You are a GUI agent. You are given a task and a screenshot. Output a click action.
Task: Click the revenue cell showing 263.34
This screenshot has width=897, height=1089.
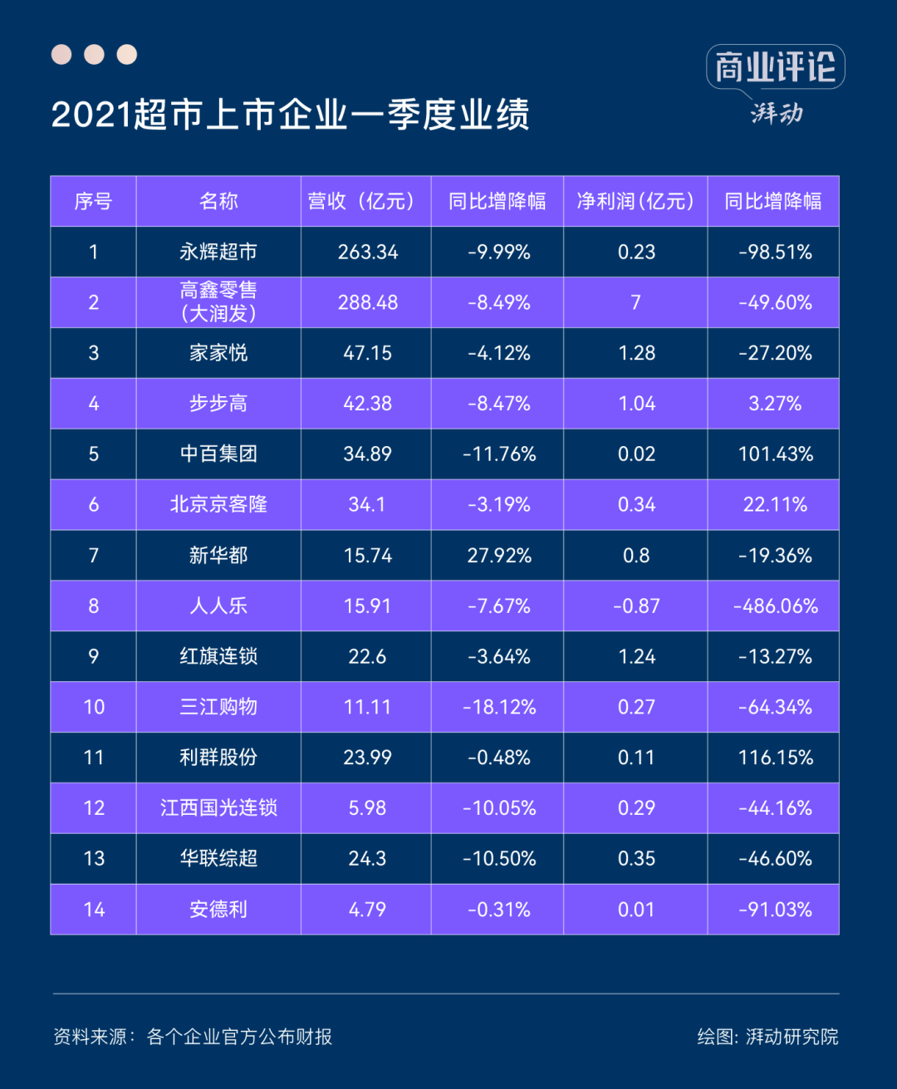(367, 252)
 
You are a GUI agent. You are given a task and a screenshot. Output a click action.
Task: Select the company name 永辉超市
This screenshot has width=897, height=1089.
(218, 252)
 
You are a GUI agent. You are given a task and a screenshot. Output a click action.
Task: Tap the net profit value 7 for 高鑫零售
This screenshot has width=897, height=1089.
(635, 302)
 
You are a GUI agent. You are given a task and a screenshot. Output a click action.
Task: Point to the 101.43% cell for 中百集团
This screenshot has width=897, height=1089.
(775, 454)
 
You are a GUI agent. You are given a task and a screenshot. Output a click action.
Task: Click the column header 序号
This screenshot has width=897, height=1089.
(93, 201)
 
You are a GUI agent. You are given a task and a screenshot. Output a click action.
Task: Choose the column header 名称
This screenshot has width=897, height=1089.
(218, 201)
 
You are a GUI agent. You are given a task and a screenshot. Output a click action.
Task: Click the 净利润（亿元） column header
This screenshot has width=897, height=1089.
(635, 201)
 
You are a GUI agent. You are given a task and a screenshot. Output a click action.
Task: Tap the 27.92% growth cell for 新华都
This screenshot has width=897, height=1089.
(498, 555)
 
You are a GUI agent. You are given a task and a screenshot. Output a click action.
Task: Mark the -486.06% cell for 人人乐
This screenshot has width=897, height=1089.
(775, 606)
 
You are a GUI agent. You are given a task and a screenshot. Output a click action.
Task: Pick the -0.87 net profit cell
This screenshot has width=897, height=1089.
(636, 606)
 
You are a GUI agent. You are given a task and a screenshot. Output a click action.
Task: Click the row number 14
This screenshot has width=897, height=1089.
(94, 910)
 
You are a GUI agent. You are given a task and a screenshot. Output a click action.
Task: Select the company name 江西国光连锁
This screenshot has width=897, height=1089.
(218, 808)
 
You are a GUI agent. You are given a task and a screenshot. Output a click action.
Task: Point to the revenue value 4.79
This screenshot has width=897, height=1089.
(367, 910)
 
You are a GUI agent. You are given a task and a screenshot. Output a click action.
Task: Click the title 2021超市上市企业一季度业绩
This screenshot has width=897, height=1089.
(291, 115)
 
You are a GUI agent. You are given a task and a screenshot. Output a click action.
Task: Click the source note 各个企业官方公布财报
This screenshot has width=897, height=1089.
(239, 1037)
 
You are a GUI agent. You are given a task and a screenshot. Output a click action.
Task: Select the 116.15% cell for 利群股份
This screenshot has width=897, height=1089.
(775, 758)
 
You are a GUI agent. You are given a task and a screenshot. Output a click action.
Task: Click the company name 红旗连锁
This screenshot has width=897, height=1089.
(218, 656)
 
